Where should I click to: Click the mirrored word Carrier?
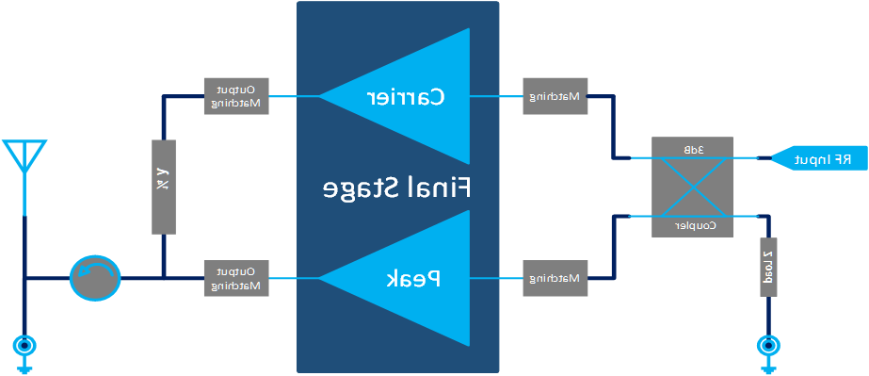pos(404,96)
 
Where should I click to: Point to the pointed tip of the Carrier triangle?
pos(321,96)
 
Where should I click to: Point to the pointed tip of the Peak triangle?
pos(321,278)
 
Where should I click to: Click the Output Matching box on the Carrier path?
pos(236,96)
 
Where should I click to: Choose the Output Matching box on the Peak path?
pos(236,278)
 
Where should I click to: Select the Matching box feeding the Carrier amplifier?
pos(555,96)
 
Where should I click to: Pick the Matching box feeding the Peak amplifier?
pos(555,278)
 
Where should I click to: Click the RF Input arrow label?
pos(814,159)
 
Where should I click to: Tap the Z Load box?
pos(767,267)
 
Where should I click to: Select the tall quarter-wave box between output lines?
pos(163,188)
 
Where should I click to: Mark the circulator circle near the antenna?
pos(95,278)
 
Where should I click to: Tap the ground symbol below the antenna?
pos(23,349)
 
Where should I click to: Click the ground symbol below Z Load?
pos(768,349)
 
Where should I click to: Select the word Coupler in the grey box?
pos(694,226)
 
